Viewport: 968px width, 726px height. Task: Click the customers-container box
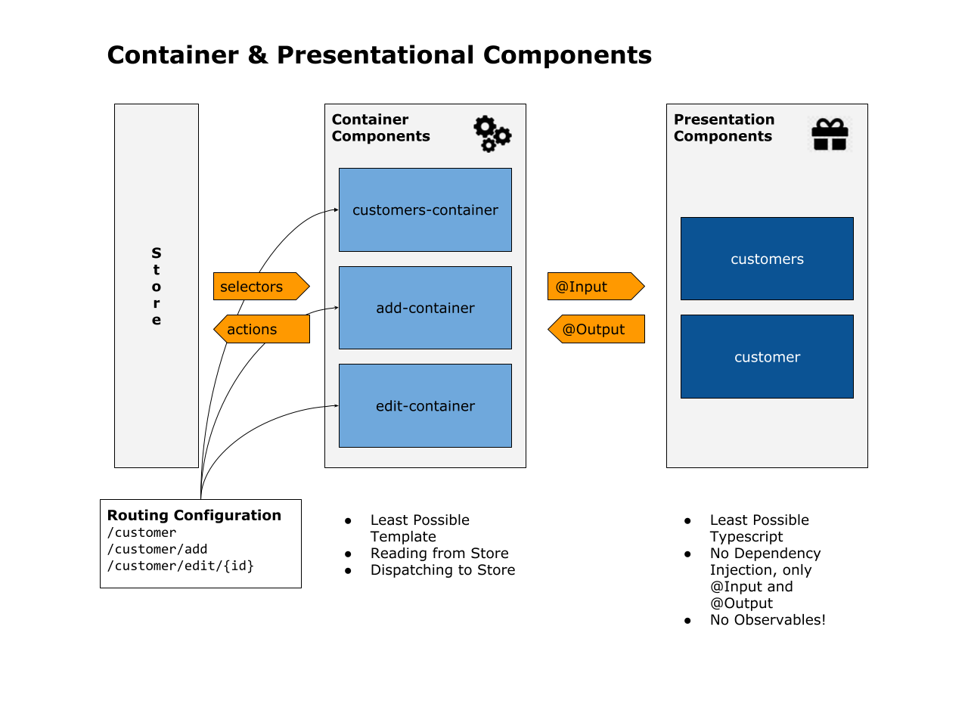click(425, 209)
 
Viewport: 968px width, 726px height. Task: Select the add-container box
click(425, 308)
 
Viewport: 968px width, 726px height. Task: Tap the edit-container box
click(425, 406)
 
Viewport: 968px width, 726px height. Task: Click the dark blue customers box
click(767, 259)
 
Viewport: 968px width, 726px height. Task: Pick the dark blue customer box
click(767, 357)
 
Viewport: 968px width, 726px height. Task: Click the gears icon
click(492, 134)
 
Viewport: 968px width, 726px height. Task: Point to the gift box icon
click(830, 135)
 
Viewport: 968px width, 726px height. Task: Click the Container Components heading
click(380, 128)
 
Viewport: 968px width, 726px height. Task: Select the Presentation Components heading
click(724, 128)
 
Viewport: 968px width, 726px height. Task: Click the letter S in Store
click(157, 253)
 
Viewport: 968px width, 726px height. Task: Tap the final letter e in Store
click(157, 320)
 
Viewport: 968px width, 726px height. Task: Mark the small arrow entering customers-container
click(332, 210)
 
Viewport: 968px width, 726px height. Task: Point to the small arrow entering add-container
click(332, 308)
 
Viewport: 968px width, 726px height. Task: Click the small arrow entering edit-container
click(332, 406)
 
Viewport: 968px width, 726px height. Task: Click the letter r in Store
click(157, 303)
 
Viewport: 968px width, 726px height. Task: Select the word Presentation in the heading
click(724, 119)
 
